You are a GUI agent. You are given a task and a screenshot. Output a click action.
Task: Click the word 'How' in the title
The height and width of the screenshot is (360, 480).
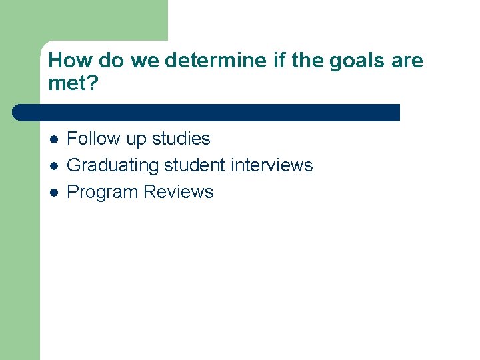pos(70,61)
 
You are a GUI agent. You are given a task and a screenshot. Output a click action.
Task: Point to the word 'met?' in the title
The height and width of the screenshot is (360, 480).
pos(72,84)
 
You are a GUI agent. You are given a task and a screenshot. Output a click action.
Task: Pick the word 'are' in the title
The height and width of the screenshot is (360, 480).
pos(407,61)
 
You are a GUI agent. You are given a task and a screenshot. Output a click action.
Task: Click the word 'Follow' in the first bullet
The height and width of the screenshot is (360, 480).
pos(94,139)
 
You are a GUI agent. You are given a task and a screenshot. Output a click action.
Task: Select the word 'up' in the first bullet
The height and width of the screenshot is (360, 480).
pos(137,139)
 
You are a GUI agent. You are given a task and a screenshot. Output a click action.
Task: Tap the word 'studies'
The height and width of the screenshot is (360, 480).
pos(181,139)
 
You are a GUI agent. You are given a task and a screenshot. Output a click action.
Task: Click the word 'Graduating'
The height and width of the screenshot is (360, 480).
pos(113,165)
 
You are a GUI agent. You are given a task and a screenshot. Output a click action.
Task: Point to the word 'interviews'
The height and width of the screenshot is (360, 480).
pos(272,165)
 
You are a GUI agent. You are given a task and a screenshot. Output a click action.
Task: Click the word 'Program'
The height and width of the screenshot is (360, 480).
pos(103,192)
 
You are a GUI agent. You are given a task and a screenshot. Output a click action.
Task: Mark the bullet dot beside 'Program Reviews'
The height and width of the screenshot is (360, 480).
pos(54,193)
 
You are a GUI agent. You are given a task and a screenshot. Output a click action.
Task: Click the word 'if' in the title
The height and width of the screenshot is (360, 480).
pos(279,61)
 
